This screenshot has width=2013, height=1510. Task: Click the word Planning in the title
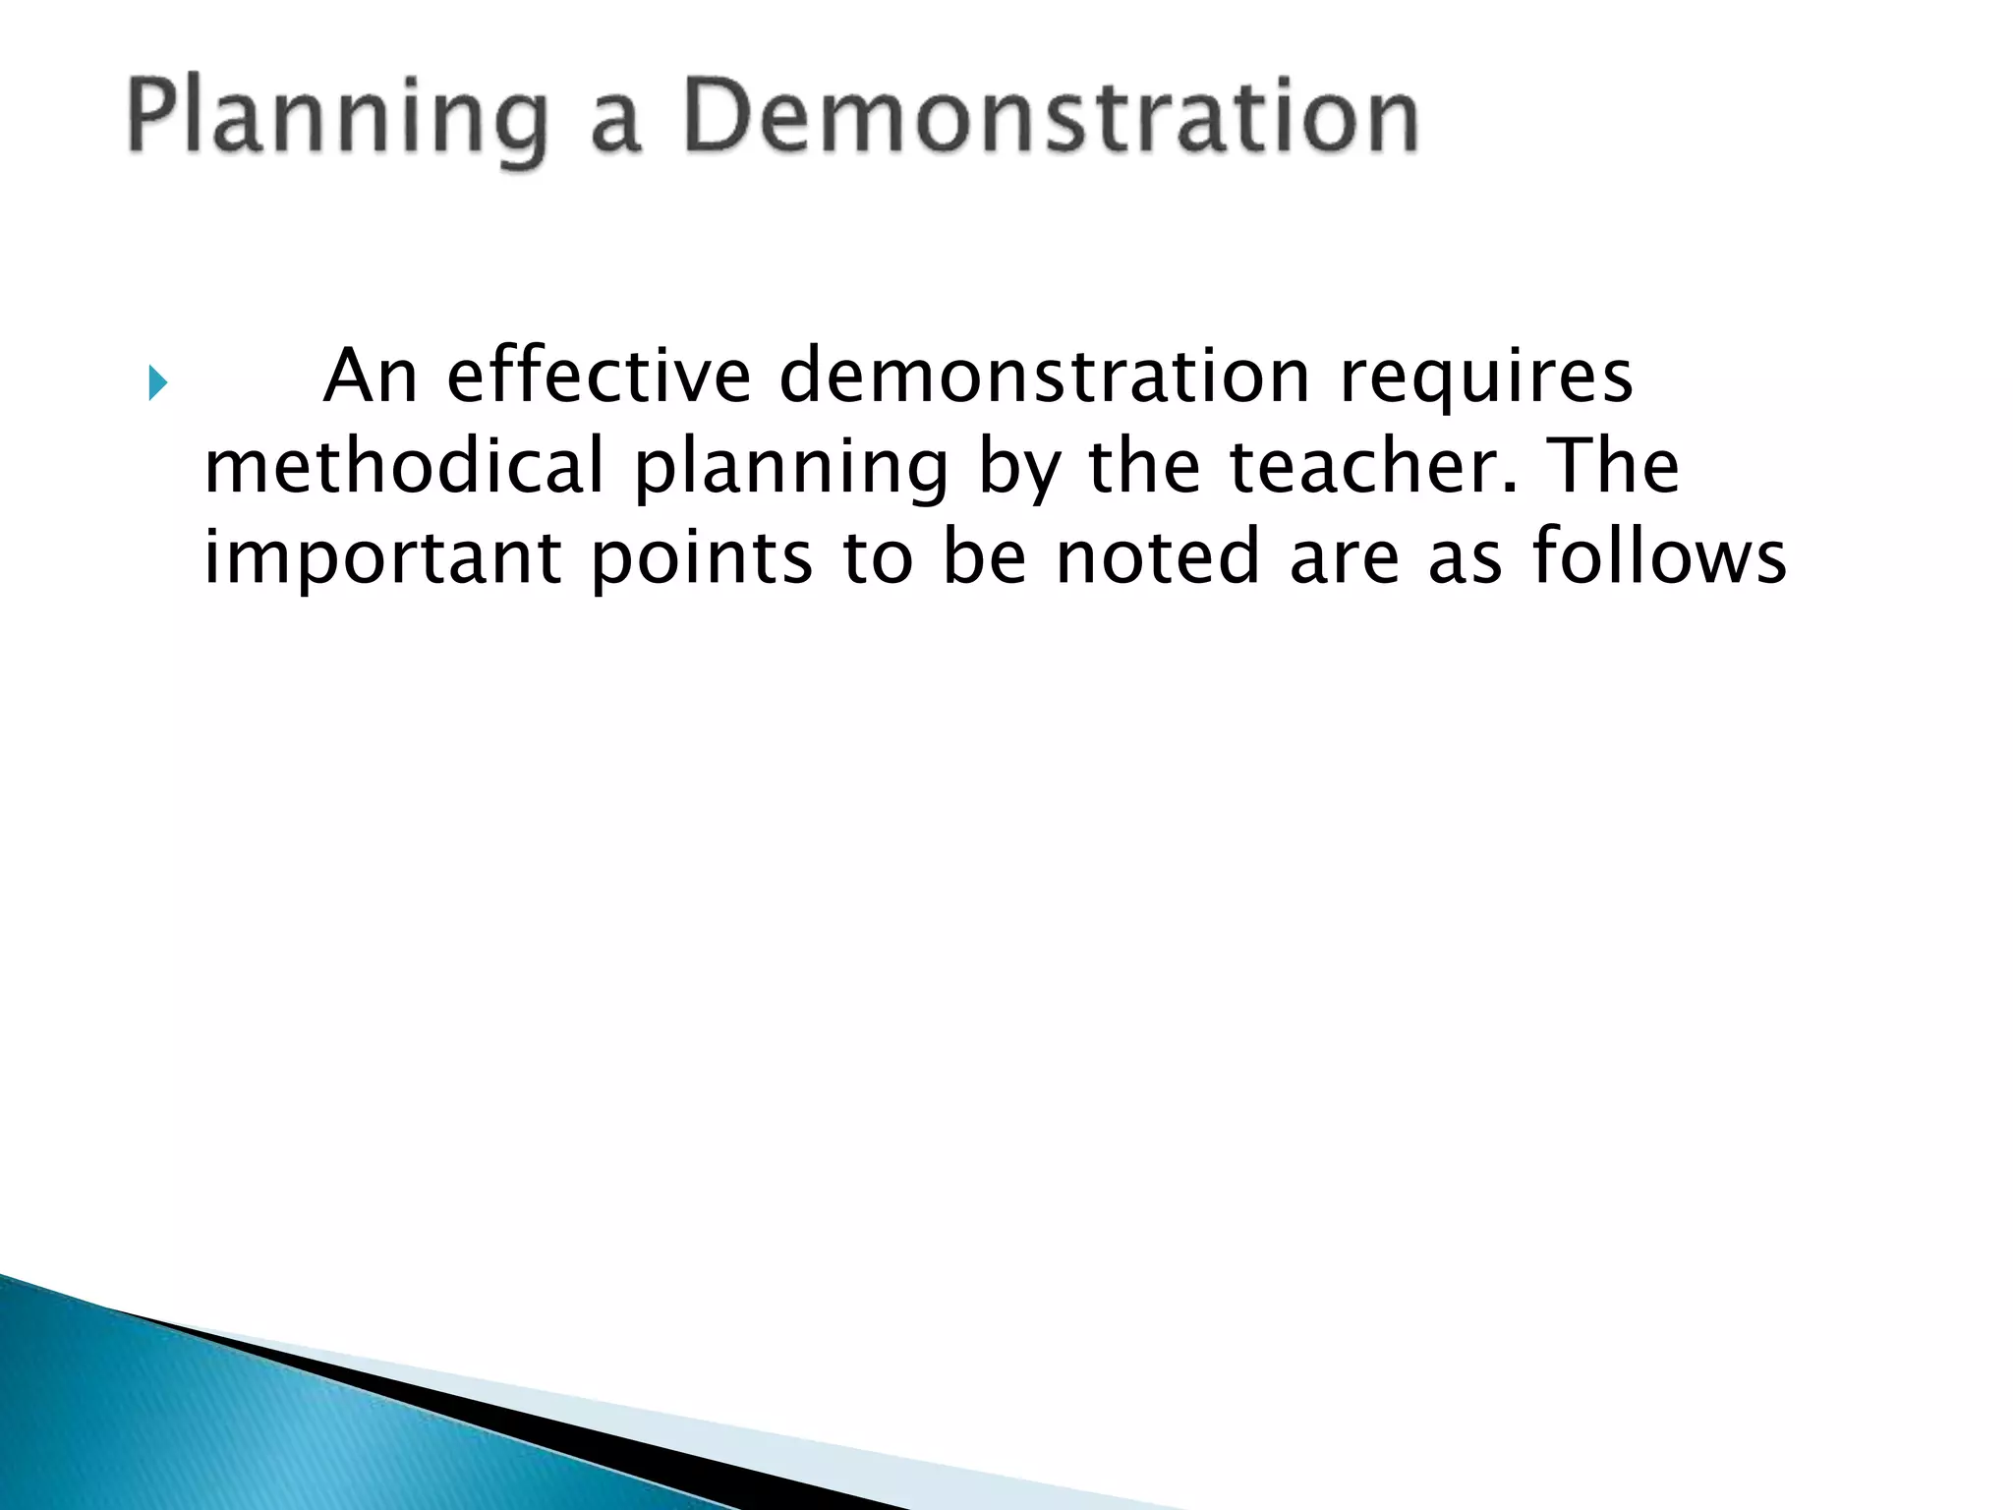(x=335, y=120)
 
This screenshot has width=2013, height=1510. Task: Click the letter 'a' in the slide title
(x=616, y=126)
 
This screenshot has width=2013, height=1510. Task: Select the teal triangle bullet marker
(x=157, y=382)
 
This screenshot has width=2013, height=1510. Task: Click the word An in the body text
(x=371, y=377)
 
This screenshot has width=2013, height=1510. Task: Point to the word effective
(x=599, y=377)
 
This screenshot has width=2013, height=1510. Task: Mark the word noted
(x=1157, y=556)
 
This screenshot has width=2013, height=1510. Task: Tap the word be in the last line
(x=984, y=556)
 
